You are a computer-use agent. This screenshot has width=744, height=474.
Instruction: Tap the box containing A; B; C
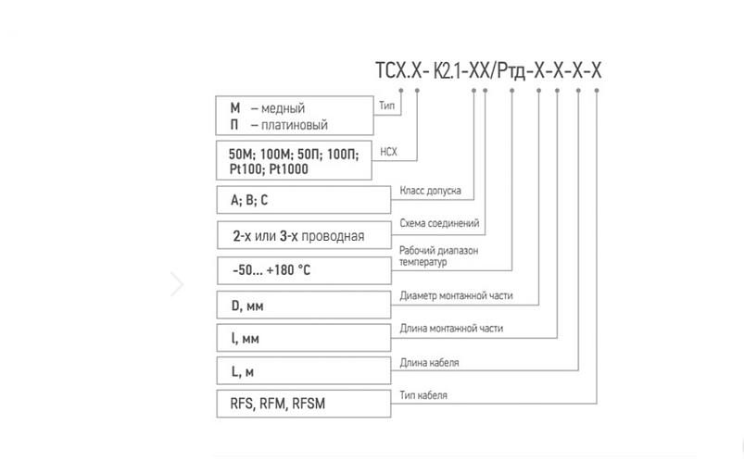click(x=302, y=200)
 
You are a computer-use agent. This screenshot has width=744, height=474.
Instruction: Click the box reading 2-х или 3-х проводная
click(x=303, y=235)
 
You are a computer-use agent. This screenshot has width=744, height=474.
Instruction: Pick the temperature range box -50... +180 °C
click(x=303, y=270)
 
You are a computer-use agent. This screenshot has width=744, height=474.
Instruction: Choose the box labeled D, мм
click(x=302, y=305)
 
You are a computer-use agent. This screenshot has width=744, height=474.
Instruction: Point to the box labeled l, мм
click(x=302, y=338)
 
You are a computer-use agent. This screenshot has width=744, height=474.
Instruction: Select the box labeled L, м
click(x=302, y=371)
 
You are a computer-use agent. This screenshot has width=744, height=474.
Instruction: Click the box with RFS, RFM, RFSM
click(x=302, y=405)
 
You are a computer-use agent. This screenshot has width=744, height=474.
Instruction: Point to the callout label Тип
click(x=387, y=106)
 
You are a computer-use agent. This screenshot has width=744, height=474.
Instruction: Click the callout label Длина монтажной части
click(x=451, y=329)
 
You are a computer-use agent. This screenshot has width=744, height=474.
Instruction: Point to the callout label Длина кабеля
click(x=429, y=362)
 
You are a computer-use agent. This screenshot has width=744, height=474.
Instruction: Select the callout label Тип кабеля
click(x=423, y=395)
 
